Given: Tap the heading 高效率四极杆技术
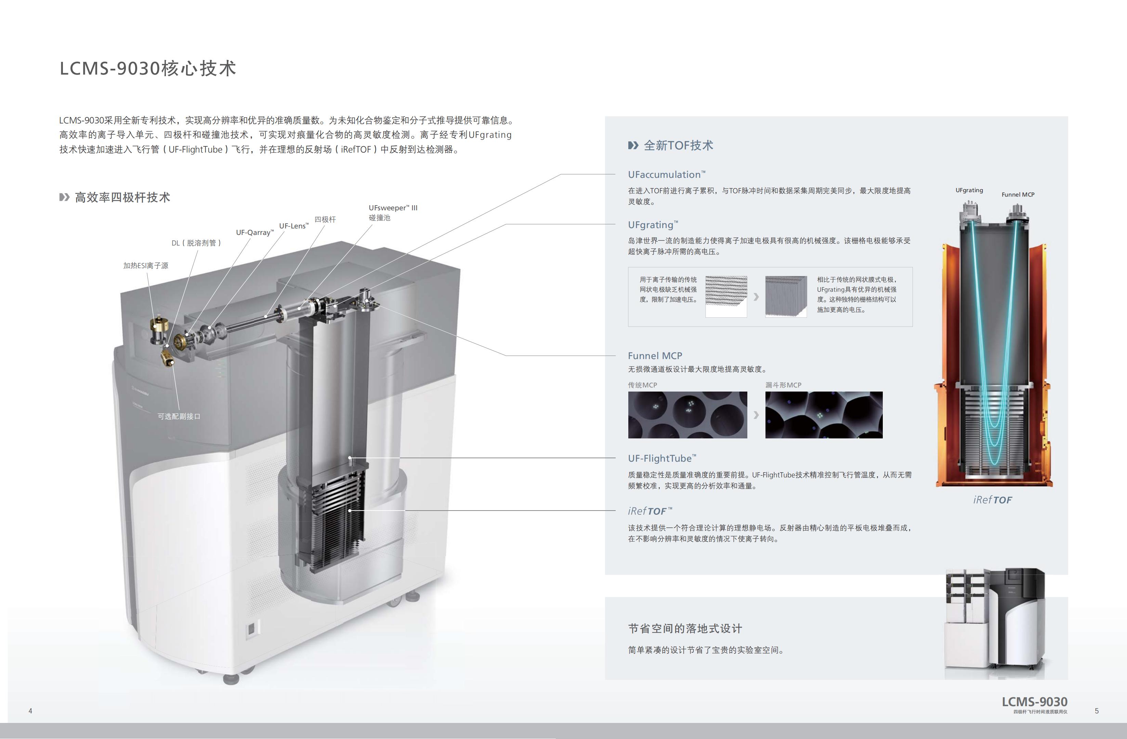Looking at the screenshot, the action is tap(122, 197).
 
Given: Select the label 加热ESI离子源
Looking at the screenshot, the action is tap(146, 266).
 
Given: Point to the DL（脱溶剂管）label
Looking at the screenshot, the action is tap(196, 243).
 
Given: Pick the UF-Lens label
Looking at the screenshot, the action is tap(293, 226).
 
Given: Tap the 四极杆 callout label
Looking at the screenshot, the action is tap(325, 219).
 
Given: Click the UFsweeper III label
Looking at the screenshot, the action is tap(393, 208).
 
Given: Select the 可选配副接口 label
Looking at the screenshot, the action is tap(179, 416).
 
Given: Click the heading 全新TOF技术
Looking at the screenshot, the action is tap(678, 145).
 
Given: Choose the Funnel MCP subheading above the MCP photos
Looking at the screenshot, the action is tap(655, 356).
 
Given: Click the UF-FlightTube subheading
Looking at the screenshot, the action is tap(662, 458).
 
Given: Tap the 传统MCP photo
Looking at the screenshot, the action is tap(687, 415).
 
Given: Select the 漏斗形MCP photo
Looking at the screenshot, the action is tap(824, 415).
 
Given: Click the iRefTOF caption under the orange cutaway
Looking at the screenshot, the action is tap(993, 500).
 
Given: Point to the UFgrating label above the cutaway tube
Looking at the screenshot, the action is tap(969, 190).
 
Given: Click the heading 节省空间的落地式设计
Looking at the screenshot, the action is tap(685, 629).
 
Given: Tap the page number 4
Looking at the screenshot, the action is tap(30, 711).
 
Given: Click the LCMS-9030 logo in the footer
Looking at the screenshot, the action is tap(1035, 702).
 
